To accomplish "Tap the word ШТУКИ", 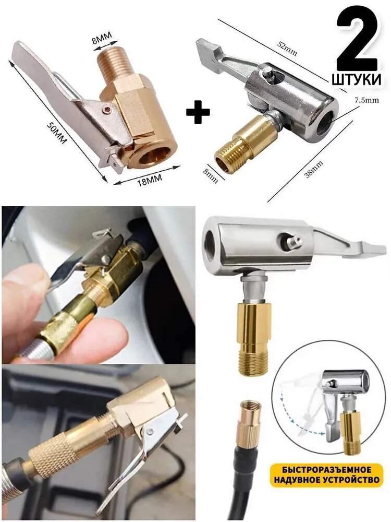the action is (357, 79).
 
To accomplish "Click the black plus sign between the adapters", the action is (198, 112).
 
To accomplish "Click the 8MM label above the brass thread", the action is (102, 37).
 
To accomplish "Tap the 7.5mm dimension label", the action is (366, 100).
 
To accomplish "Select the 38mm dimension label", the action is (313, 169).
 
